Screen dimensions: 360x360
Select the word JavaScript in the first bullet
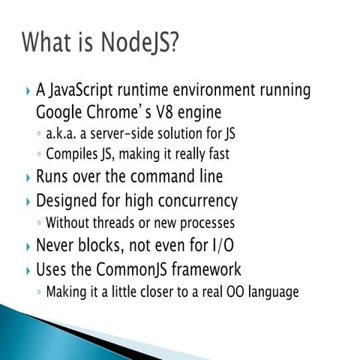pos(88,91)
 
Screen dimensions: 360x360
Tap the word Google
pos(58,114)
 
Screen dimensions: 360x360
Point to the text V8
pos(162,114)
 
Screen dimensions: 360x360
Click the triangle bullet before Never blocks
pos(28,245)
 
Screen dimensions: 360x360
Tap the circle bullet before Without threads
pos(39,223)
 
